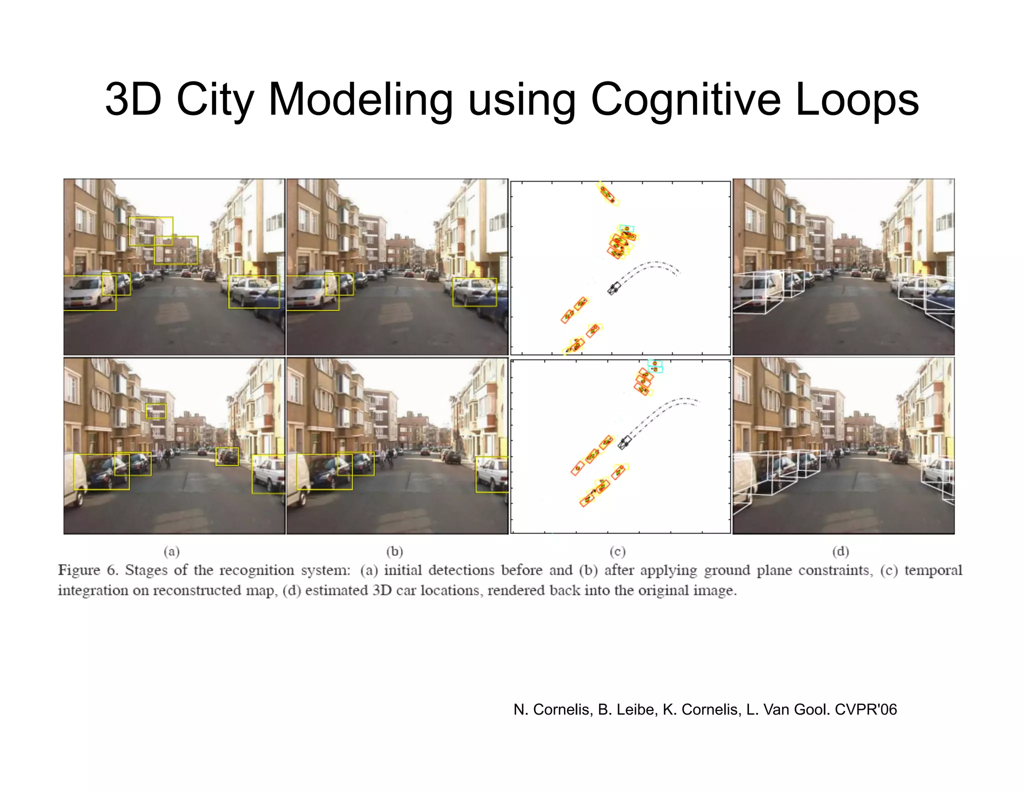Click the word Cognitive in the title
coord(685,100)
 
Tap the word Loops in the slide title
coord(856,100)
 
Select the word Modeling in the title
coord(360,100)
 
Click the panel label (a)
coord(171,551)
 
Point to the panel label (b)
coord(394,551)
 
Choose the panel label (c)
coord(617,551)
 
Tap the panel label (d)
coord(840,551)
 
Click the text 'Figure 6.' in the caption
coord(88,570)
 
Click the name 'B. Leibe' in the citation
coord(628,709)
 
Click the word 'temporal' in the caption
coord(933,570)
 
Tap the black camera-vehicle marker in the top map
coord(614,288)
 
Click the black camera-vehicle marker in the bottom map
coord(624,442)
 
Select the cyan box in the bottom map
coord(655,366)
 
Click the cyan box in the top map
coord(626,229)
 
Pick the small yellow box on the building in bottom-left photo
coord(156,411)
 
